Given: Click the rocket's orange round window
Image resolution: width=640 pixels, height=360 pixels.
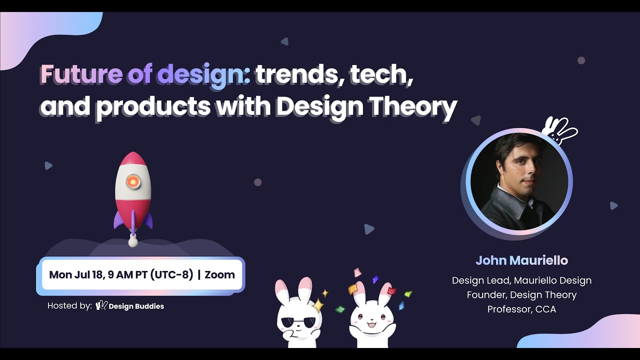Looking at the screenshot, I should [x=132, y=182].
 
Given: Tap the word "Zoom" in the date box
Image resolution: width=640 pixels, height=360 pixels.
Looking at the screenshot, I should [x=219, y=274].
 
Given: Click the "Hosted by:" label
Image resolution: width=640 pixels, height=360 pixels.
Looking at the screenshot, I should [x=69, y=305].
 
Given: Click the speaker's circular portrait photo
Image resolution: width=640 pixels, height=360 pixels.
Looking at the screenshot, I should [x=519, y=181].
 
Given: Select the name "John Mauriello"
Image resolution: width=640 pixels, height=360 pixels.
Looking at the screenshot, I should [x=521, y=260].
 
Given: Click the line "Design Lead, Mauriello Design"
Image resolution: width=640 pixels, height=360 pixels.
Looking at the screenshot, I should [x=521, y=280].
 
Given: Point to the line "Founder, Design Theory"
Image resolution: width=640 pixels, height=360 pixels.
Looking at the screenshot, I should [x=521, y=295].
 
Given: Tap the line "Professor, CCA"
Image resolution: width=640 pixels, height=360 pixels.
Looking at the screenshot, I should [x=521, y=309].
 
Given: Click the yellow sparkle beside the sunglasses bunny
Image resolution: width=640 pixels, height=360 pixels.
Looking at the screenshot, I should [x=318, y=304].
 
